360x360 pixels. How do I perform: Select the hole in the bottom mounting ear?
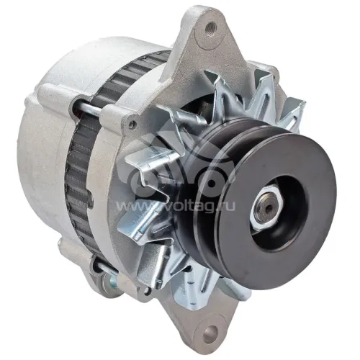coord(210,332)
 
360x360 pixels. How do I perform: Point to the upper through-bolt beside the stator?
coord(89,108)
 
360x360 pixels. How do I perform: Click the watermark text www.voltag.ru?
coord(176,207)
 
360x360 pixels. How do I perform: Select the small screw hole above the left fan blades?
coord(131,125)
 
